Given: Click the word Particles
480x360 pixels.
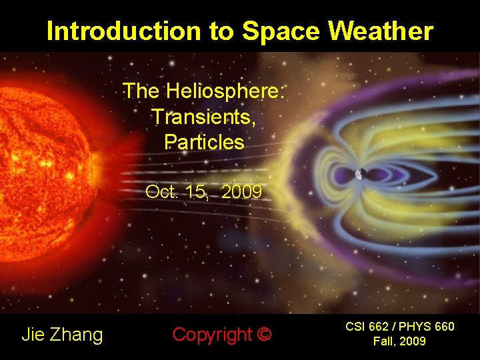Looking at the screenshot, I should click(x=204, y=142).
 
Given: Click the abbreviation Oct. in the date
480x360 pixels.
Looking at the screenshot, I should click(x=161, y=192).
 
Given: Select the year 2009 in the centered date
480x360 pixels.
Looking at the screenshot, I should click(x=241, y=192).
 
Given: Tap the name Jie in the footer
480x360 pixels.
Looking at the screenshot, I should click(x=33, y=334).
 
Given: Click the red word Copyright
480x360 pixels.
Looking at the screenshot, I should click(x=211, y=334).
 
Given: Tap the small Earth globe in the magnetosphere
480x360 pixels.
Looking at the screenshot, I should click(x=361, y=174).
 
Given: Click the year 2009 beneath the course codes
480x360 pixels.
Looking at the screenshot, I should click(x=413, y=342).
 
